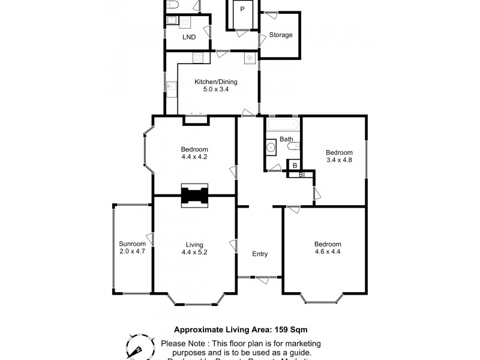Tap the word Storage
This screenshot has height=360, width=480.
coord(281,35)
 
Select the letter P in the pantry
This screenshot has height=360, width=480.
coord(242,9)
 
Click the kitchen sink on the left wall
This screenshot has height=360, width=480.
coord(172,88)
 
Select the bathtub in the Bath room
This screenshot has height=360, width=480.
coord(282,125)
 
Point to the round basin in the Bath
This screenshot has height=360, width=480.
coord(271,146)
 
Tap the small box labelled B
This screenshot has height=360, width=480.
coord(294,165)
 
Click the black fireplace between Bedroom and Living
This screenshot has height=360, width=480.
coord(194,196)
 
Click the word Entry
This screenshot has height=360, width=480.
coord(260,254)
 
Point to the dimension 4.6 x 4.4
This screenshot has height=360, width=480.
coord(328,252)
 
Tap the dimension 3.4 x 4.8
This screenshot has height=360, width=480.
coord(339,160)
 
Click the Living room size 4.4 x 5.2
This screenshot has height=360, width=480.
coord(194,253)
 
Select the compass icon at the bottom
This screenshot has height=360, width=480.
coord(139,346)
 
